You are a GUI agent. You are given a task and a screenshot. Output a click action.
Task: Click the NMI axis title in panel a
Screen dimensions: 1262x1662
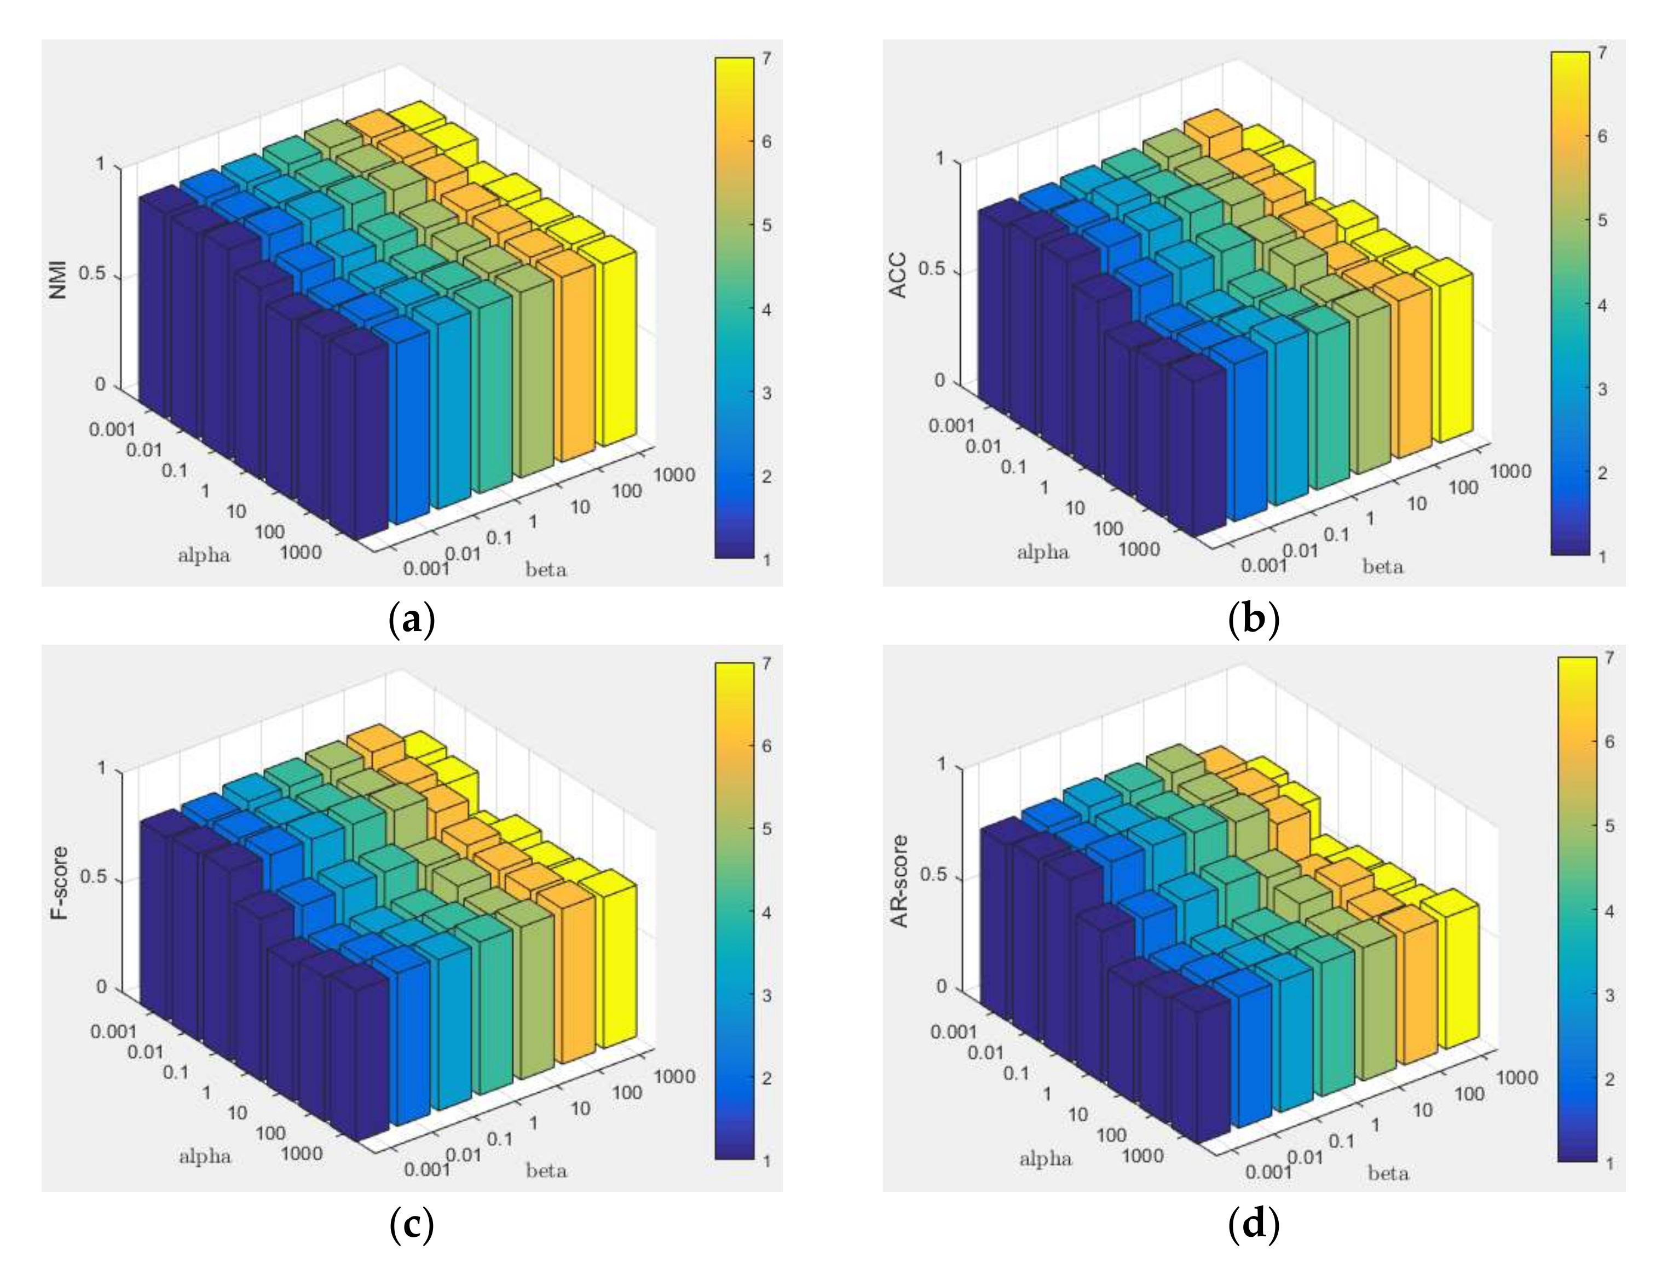[58, 279]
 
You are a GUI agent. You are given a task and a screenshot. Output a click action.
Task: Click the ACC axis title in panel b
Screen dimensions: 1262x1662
[899, 275]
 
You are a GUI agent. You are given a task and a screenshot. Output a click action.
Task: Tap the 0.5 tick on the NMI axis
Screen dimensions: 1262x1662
[97, 276]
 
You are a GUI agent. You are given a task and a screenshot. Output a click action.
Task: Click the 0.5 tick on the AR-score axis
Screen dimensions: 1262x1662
[938, 877]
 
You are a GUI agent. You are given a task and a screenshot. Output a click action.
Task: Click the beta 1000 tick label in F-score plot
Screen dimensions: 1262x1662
[673, 1076]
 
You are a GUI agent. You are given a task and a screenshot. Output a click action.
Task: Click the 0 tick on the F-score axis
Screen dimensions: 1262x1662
[102, 987]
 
